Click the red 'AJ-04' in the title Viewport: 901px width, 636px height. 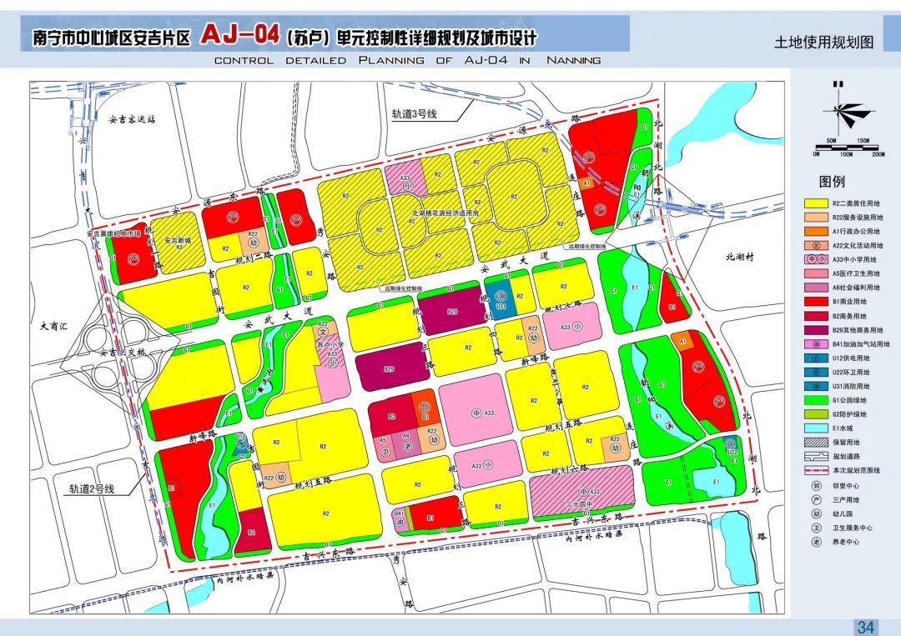tap(240, 36)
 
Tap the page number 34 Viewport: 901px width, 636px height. tap(866, 627)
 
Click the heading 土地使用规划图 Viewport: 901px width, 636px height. tap(824, 43)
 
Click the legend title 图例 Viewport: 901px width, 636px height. tap(832, 182)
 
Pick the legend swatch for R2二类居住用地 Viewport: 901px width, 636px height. tap(816, 203)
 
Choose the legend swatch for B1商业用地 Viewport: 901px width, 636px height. tap(816, 303)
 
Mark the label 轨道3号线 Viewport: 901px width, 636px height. tap(415, 113)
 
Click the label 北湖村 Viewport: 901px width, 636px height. tap(738, 258)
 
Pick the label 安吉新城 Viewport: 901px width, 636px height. tap(179, 240)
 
